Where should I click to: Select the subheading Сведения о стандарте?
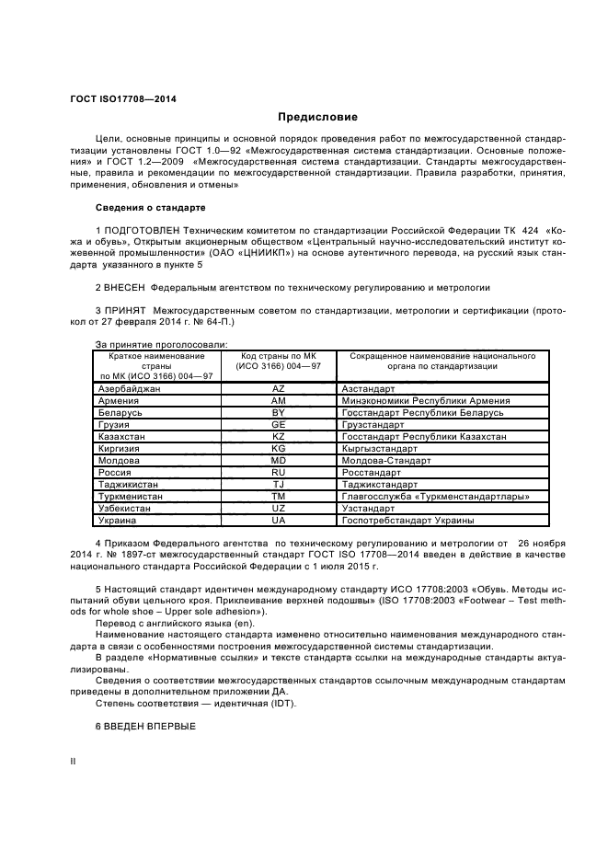150,208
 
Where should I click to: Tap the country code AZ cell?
278,389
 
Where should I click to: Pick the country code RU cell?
278,472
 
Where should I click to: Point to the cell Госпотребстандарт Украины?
407,520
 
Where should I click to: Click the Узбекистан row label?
125,508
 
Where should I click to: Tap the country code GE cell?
278,425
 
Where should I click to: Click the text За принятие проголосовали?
148,343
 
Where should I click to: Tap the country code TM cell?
278,496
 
